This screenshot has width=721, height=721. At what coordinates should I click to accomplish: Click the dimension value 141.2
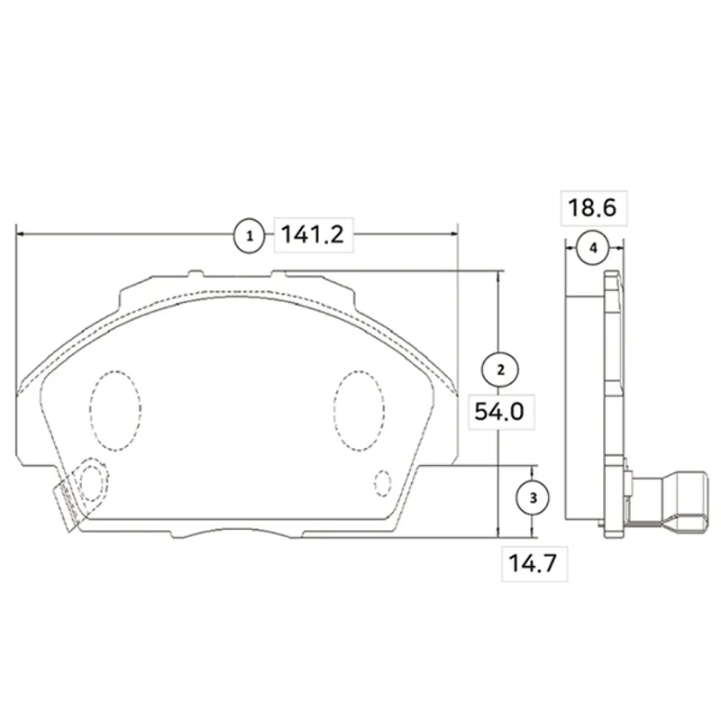coord(312,234)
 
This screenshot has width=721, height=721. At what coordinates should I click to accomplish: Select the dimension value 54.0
coord(499,411)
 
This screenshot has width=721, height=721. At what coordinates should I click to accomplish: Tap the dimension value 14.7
coord(533,562)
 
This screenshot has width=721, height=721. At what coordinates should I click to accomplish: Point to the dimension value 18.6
coord(592,207)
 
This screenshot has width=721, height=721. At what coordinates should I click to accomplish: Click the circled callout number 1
coord(250,236)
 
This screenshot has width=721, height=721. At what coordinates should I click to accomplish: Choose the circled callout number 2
coord(500,370)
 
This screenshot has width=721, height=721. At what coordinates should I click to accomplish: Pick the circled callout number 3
coord(533,497)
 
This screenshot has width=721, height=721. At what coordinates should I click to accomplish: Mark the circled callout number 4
coord(593,248)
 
